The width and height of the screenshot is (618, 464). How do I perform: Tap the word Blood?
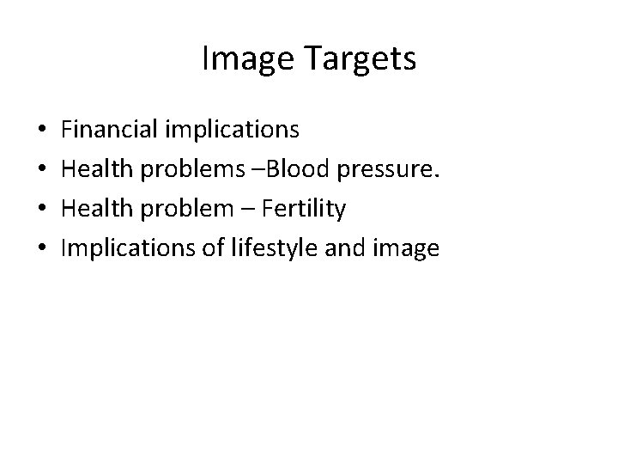point(288,169)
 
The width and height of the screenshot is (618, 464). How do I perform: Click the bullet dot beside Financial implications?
point(43,131)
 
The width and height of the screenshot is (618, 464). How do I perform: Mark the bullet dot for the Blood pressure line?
point(43,170)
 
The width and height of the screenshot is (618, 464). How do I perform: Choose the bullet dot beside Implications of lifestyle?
point(43,250)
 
